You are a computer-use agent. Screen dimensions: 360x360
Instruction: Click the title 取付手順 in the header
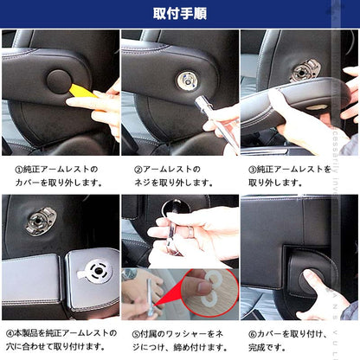click(x=180, y=13)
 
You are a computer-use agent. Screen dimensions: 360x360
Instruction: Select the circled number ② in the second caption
click(x=138, y=169)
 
